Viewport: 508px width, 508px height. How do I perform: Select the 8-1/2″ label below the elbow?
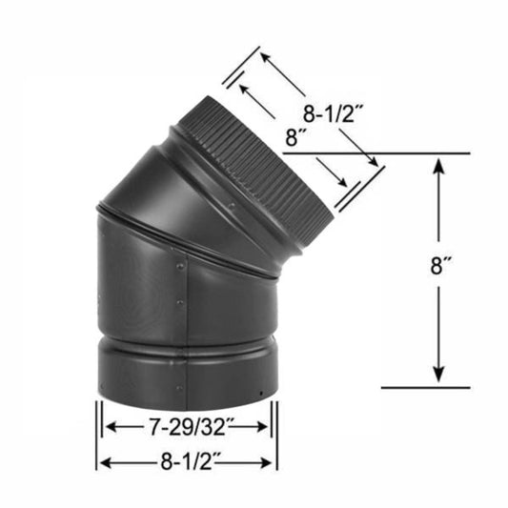pos(186,462)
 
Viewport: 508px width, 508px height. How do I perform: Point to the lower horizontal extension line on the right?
pos(424,388)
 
